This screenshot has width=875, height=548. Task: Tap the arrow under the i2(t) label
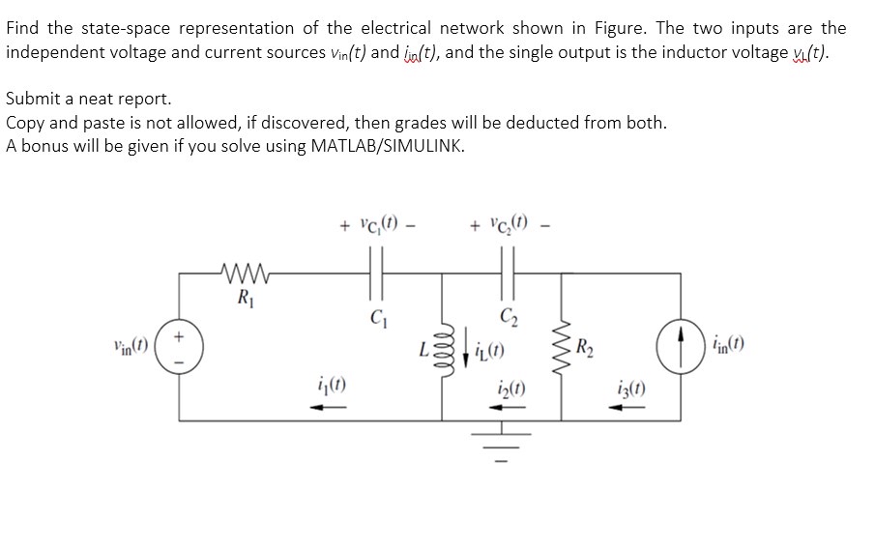(512, 407)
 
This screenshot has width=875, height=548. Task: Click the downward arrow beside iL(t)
(492, 347)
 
